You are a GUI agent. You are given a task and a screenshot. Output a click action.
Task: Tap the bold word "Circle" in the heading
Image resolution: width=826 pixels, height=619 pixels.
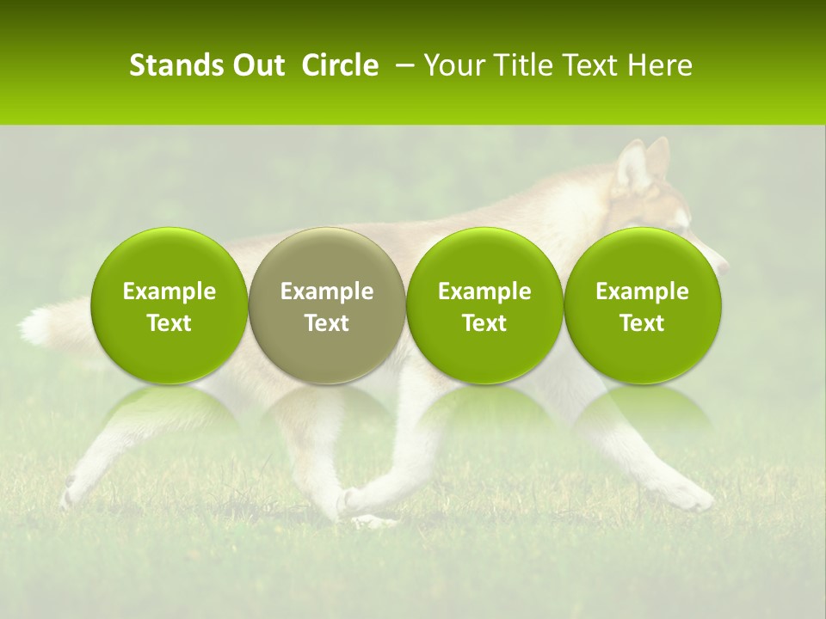(x=340, y=65)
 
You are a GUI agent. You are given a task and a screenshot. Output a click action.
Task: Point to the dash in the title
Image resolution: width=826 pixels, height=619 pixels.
(x=401, y=66)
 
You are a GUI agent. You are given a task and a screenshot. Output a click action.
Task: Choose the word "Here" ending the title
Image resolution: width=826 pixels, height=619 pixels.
(x=659, y=65)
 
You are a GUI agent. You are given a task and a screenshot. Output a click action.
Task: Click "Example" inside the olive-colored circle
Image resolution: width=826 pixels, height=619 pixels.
(x=327, y=291)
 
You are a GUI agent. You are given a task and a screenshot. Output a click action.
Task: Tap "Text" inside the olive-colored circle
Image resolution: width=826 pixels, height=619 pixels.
(x=327, y=323)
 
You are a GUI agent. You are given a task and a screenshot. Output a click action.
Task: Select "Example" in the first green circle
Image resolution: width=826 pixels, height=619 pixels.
(x=170, y=291)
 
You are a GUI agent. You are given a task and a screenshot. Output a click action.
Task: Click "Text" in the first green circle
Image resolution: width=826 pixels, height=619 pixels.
(x=170, y=323)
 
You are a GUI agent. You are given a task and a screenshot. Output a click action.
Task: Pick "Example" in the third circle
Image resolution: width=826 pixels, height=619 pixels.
(x=484, y=291)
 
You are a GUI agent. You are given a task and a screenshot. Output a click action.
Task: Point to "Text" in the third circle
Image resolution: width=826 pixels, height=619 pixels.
(x=484, y=323)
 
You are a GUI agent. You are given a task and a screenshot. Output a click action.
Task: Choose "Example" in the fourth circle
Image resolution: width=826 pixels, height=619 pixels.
(x=642, y=291)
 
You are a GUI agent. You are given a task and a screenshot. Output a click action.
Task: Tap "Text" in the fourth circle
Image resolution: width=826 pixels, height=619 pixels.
(x=642, y=323)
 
